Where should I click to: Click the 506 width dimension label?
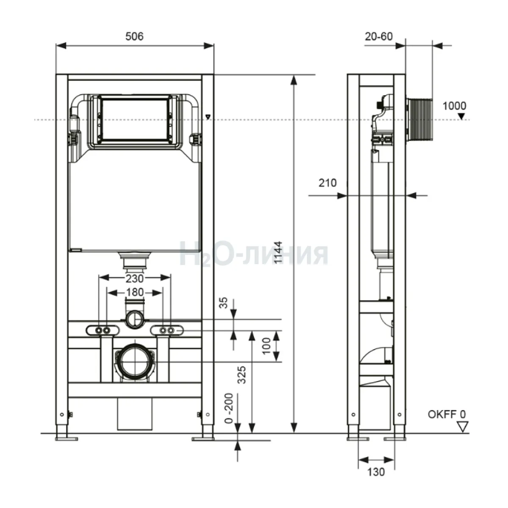point(135,36)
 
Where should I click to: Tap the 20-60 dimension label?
point(379,36)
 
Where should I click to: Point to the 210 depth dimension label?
point(328,183)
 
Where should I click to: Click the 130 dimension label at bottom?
point(376,472)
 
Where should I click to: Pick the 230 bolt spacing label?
point(135,279)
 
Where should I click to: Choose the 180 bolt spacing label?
point(135,293)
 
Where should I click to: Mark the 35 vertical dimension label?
point(223,303)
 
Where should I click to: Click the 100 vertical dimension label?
point(267,346)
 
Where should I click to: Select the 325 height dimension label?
point(241,375)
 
